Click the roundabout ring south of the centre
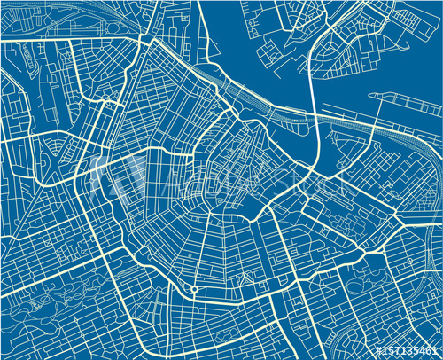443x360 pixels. tap(194, 289)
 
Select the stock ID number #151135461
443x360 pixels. tap(408, 351)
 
